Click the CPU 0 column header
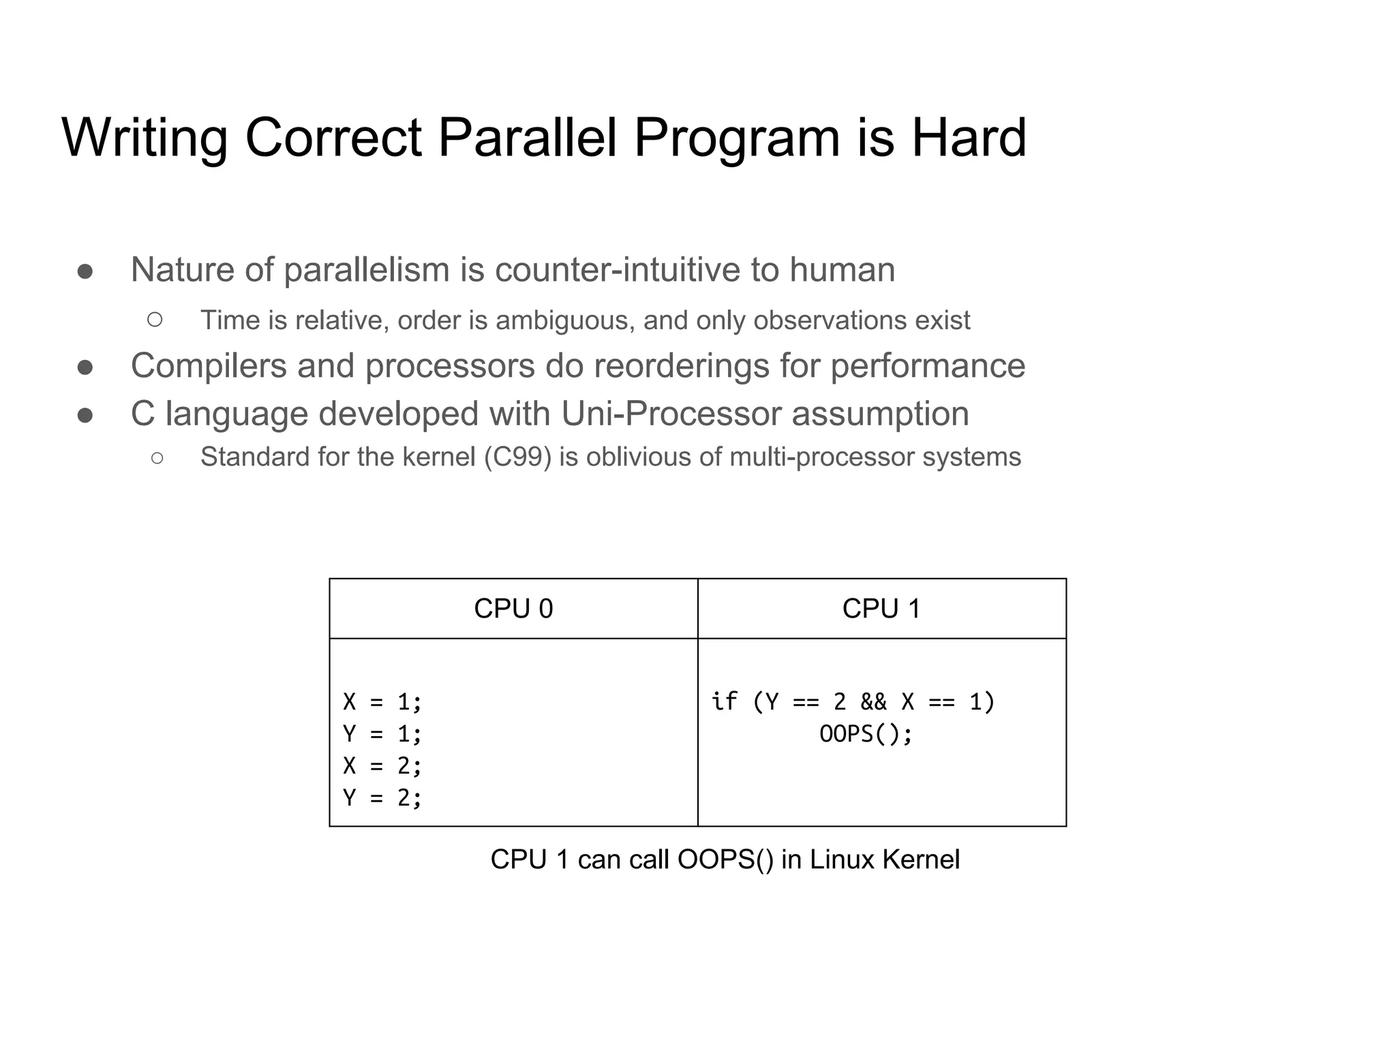(x=513, y=609)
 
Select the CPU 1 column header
(x=881, y=609)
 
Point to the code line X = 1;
(x=382, y=701)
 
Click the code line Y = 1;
(x=382, y=733)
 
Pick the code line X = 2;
(x=382, y=765)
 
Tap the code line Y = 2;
(x=382, y=798)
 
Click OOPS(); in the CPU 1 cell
(x=866, y=734)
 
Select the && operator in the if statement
(x=873, y=701)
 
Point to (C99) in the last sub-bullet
(x=517, y=457)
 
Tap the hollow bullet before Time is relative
(x=155, y=320)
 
